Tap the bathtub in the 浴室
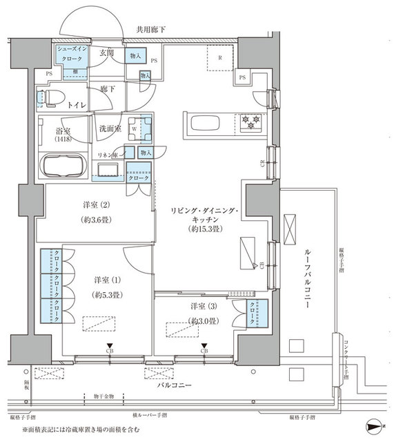click(63, 166)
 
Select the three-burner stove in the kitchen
click(249, 123)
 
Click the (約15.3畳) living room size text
click(201, 227)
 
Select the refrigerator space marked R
click(220, 58)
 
